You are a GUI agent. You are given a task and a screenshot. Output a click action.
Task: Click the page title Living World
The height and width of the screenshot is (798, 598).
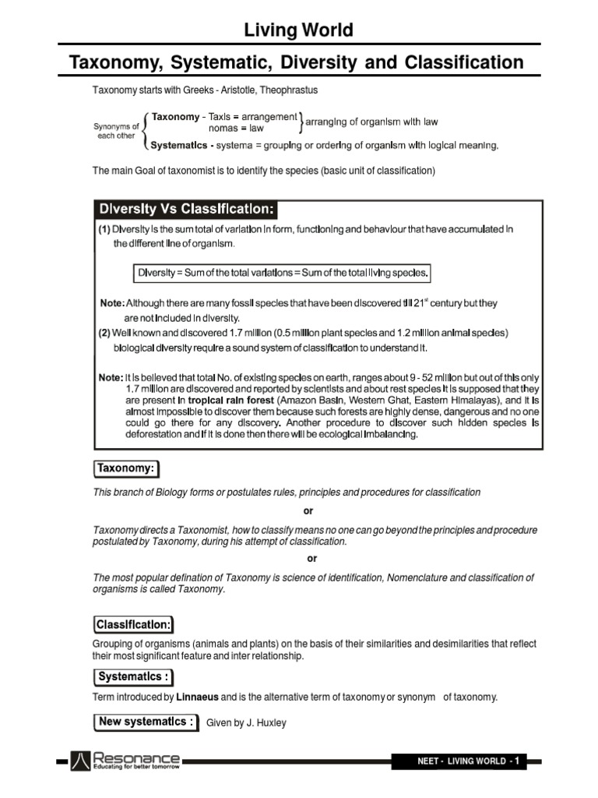pyautogui.click(x=299, y=30)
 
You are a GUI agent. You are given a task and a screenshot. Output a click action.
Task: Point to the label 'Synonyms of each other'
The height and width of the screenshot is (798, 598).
pyautogui.click(x=116, y=129)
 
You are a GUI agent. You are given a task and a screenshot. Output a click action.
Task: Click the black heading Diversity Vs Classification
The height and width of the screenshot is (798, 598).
pyautogui.click(x=185, y=210)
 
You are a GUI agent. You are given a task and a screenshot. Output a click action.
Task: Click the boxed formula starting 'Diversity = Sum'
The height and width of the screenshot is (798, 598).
pyautogui.click(x=282, y=273)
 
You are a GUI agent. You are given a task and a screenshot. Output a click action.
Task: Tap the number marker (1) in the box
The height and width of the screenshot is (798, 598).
pyautogui.click(x=104, y=230)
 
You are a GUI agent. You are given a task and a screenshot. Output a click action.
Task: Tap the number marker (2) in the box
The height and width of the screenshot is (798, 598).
pyautogui.click(x=104, y=333)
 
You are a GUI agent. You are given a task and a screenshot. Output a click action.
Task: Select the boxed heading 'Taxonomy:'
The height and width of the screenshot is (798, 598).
pyautogui.click(x=127, y=468)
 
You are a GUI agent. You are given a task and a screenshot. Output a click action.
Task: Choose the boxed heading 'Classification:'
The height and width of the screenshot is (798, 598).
pyautogui.click(x=134, y=624)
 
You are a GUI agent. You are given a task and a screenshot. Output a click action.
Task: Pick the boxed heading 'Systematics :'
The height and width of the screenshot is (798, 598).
pyautogui.click(x=133, y=677)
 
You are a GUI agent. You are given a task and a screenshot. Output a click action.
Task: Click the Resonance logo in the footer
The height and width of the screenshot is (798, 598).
pyautogui.click(x=125, y=760)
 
